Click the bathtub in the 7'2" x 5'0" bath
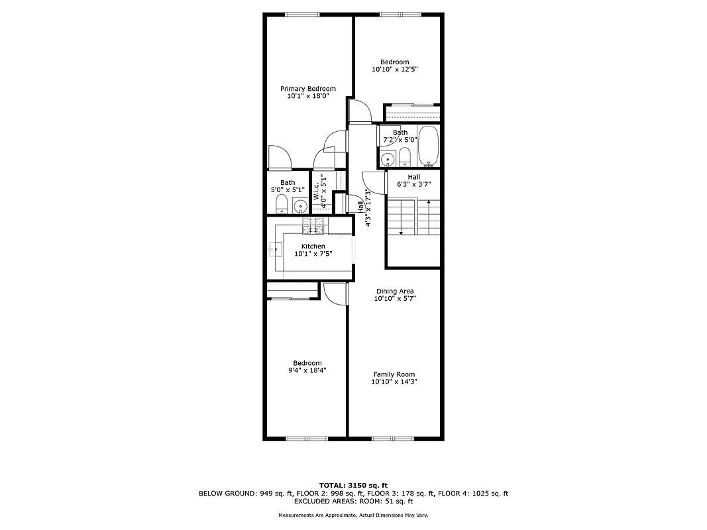[x=429, y=145]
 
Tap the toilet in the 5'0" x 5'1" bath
[x=281, y=203]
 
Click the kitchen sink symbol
[x=276, y=249]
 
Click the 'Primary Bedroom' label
[x=308, y=89]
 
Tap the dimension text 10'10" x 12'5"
[x=395, y=69]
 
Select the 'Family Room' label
[x=394, y=374]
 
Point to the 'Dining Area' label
[x=395, y=291]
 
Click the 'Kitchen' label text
[x=313, y=246]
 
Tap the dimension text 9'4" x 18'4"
[x=308, y=370]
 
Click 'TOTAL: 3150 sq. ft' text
[x=353, y=485]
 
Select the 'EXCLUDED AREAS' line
[x=353, y=502]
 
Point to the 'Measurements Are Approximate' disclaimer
[x=353, y=515]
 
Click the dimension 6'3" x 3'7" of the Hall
[x=414, y=184]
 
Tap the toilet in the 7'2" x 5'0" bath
[x=406, y=157]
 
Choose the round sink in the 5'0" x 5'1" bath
[x=299, y=205]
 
